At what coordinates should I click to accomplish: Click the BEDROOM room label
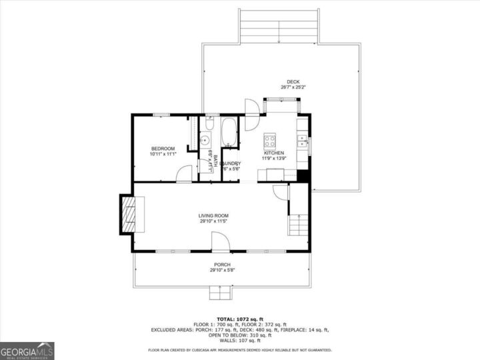[x=163, y=148]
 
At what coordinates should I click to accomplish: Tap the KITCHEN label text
[x=273, y=153]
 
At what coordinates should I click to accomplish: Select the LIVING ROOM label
[x=213, y=215]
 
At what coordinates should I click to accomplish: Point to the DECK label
[x=293, y=81]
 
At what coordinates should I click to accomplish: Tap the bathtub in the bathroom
[x=229, y=131]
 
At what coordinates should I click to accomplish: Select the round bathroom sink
[x=205, y=141]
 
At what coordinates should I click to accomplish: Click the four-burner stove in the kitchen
[x=270, y=140]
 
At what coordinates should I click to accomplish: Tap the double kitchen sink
[x=302, y=140]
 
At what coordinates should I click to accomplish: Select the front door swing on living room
[x=221, y=241]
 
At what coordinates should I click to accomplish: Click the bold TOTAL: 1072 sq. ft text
[x=239, y=319]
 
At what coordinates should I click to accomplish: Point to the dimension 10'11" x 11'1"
[x=163, y=154]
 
